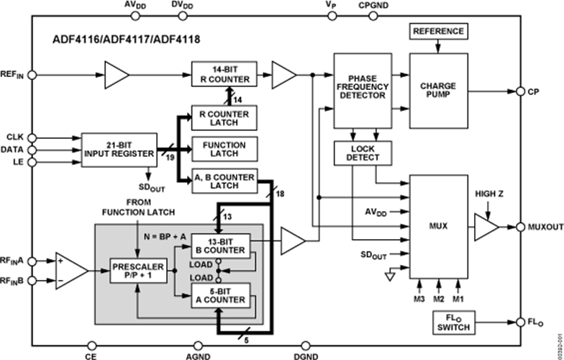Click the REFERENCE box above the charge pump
tap(438, 32)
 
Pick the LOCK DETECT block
tap(356, 152)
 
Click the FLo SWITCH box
tap(452, 322)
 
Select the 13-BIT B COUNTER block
tap(219, 246)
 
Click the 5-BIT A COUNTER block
tap(219, 296)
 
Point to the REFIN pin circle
tap(30, 73)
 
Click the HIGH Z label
tap(491, 194)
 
